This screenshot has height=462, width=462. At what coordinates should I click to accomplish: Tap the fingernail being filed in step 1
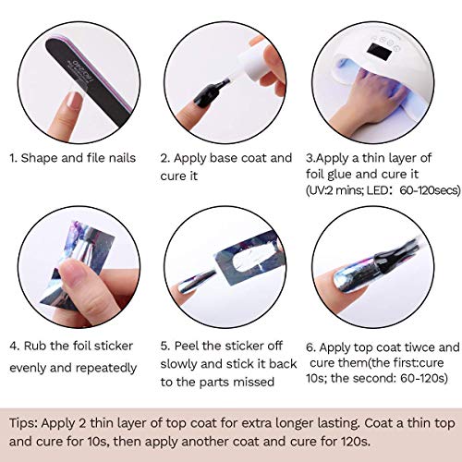pyautogui.click(x=73, y=101)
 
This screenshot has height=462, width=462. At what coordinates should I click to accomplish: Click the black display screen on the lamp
pyautogui.click(x=380, y=53)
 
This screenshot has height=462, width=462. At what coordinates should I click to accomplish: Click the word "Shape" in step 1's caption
pyautogui.click(x=39, y=158)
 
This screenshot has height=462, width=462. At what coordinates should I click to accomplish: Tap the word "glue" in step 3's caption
pyautogui.click(x=339, y=175)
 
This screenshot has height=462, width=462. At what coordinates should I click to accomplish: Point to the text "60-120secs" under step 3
pyautogui.click(x=430, y=190)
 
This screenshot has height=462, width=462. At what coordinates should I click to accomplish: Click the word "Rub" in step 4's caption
pyautogui.click(x=35, y=346)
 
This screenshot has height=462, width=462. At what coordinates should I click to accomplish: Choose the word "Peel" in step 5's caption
pyautogui.click(x=187, y=346)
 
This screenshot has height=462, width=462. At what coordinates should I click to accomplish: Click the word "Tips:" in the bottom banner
pyautogui.click(x=23, y=423)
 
